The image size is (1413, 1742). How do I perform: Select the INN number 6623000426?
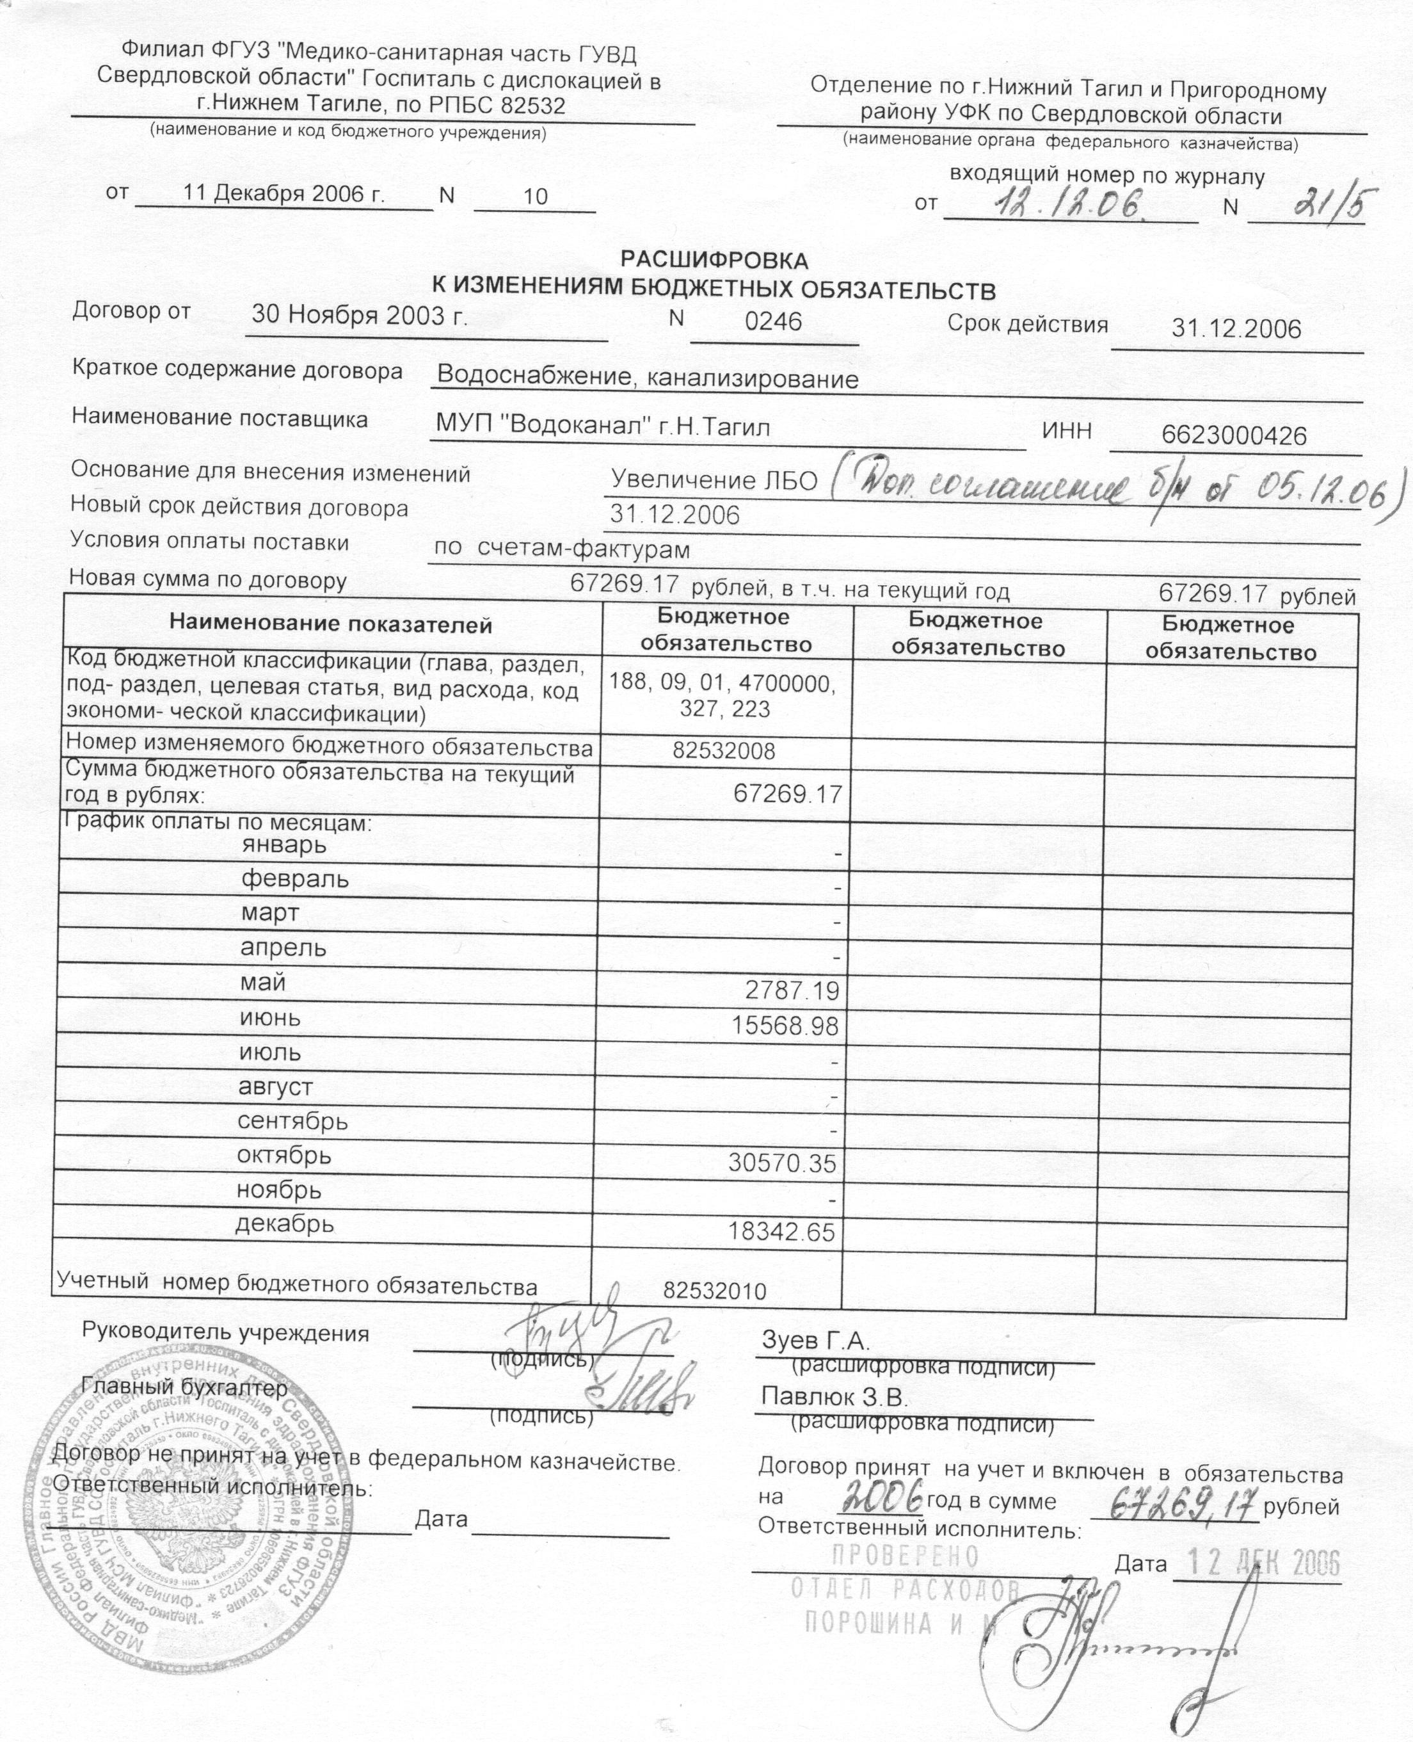pyautogui.click(x=1234, y=436)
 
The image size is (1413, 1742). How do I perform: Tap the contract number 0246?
pyautogui.click(x=773, y=321)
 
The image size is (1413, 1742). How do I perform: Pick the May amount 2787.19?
pyautogui.click(x=791, y=990)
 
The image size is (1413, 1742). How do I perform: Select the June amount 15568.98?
pyautogui.click(x=784, y=1026)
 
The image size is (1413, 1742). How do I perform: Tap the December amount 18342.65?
pyautogui.click(x=781, y=1231)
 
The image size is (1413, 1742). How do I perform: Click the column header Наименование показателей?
pyautogui.click(x=330, y=625)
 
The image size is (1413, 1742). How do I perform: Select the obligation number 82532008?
pyautogui.click(x=724, y=750)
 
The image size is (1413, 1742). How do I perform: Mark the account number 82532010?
pyautogui.click(x=715, y=1291)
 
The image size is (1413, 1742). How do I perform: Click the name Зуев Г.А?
pyautogui.click(x=815, y=1340)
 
